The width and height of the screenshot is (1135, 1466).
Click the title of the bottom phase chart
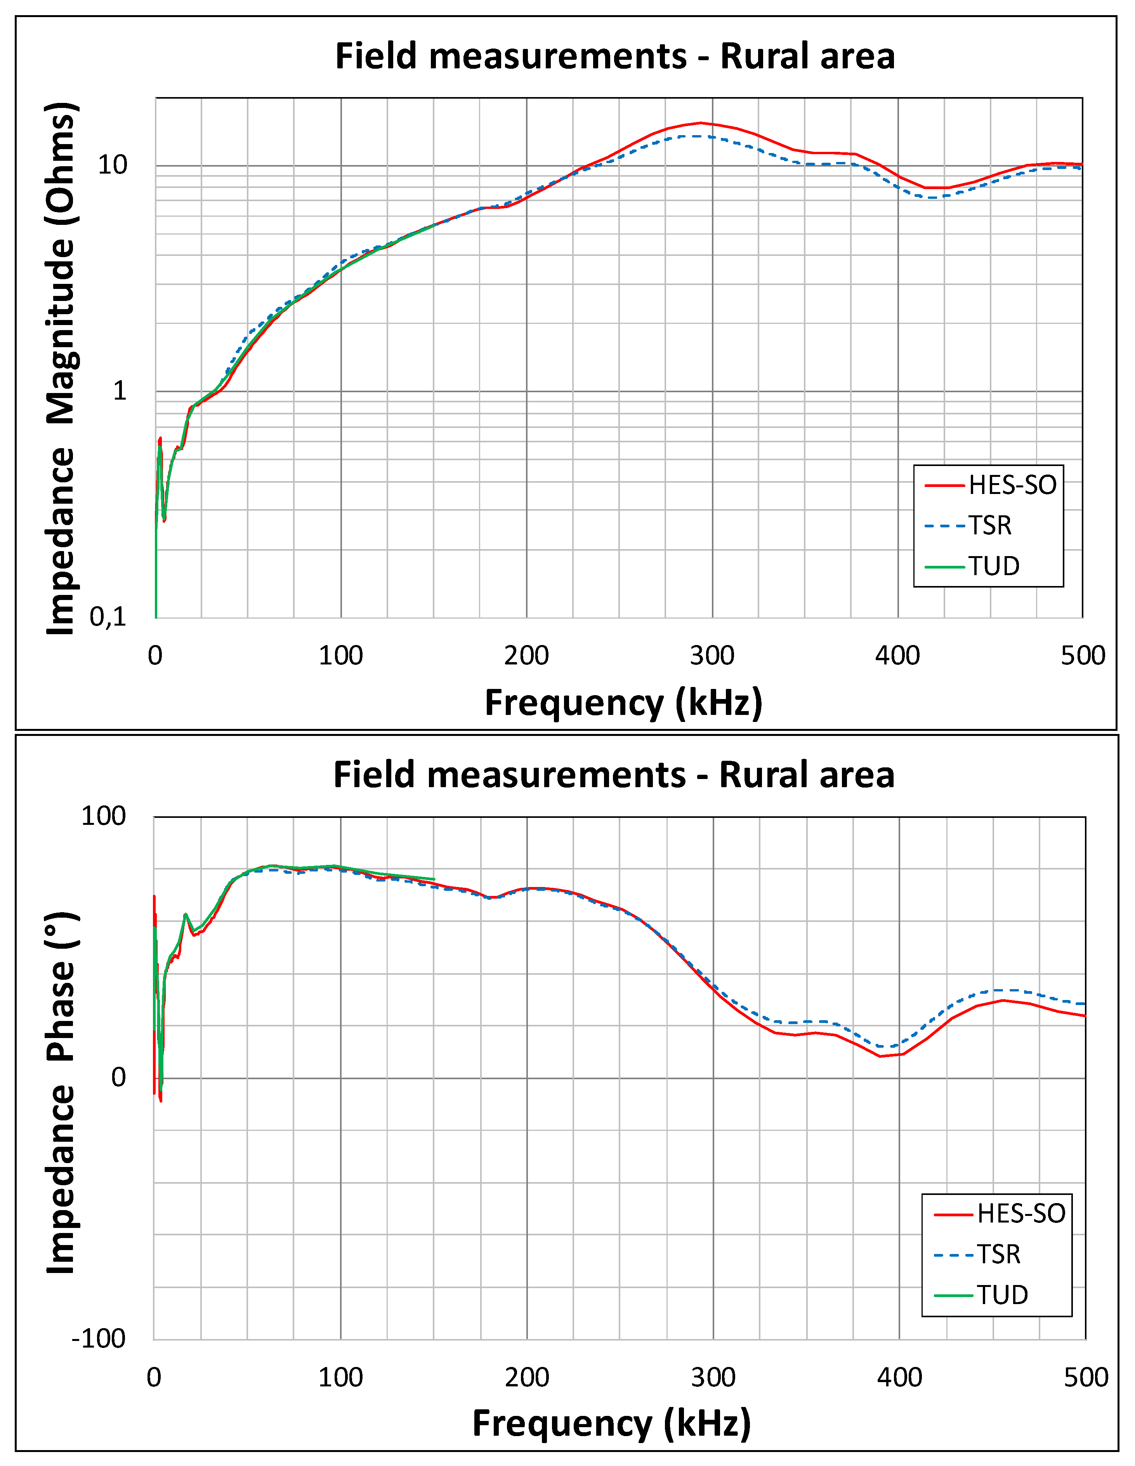613,775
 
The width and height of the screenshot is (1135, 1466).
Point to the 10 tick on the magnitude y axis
112,165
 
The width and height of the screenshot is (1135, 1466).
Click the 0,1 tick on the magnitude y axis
108,617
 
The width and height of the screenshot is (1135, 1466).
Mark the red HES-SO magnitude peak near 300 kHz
701,123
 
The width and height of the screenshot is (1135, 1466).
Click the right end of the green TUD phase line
434,879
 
